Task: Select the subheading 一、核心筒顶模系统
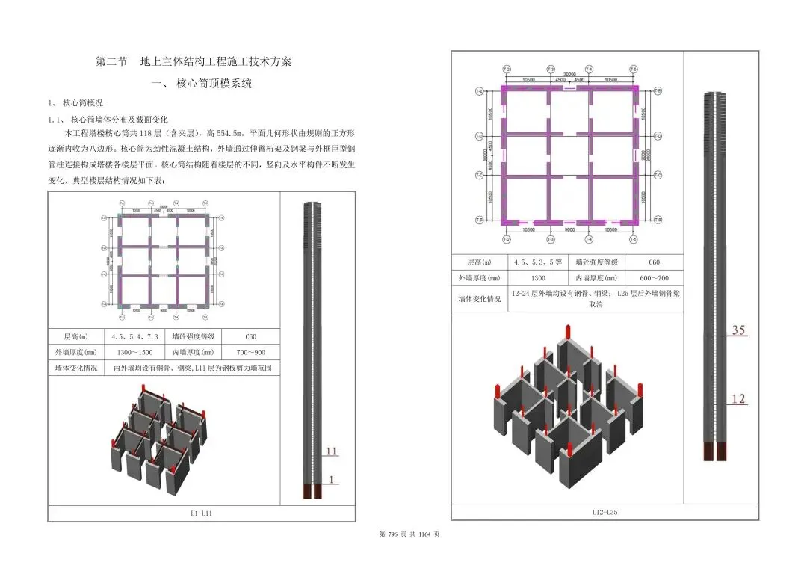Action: (201, 84)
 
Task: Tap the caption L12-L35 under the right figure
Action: (605, 512)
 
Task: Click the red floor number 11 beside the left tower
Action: (331, 452)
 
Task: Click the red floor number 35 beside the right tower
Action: (738, 330)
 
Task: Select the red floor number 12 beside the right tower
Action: (738, 399)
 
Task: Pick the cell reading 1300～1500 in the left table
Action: (134, 352)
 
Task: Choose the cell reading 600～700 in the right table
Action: (654, 278)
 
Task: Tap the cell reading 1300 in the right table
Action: (538, 278)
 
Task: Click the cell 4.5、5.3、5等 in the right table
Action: (538, 262)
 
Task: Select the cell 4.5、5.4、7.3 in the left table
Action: (134, 336)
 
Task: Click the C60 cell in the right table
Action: (654, 262)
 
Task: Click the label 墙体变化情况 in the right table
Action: (479, 299)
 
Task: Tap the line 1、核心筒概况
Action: (75, 103)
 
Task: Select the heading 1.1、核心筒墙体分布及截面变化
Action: (108, 119)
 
